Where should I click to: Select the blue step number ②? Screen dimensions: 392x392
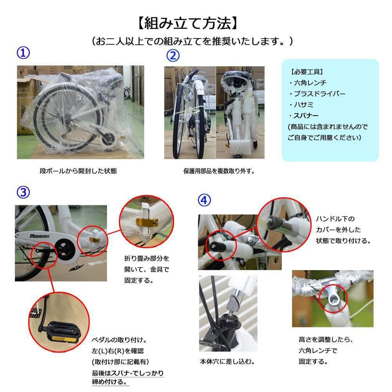point(173,56)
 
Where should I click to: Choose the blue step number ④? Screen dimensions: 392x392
point(205,200)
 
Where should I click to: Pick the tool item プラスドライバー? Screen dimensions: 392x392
point(318,94)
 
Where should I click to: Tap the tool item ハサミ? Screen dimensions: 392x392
point(301,105)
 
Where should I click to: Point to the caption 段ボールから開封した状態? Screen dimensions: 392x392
point(78,171)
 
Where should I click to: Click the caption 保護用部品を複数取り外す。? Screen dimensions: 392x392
point(219,171)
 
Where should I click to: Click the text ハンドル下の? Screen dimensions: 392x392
point(335,219)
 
